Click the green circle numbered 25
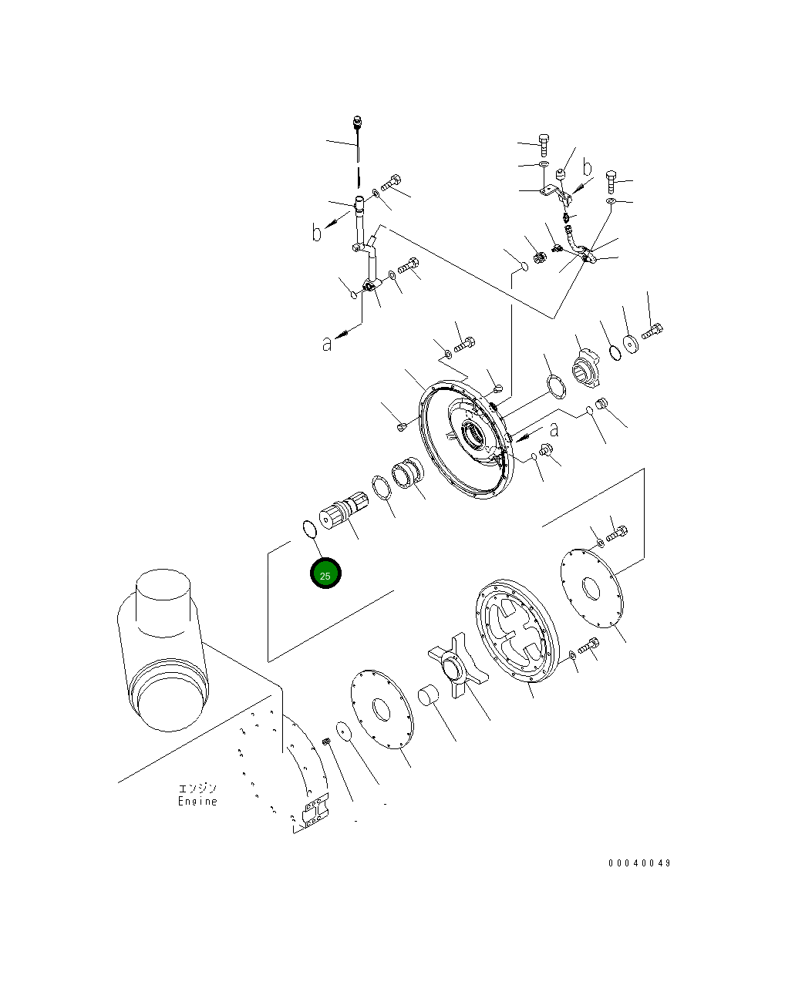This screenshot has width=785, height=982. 325,575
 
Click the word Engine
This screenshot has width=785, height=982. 197,802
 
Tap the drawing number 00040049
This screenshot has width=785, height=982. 639,863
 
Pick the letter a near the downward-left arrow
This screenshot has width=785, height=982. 328,345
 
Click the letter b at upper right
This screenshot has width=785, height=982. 587,166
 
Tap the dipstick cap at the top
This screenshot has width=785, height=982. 358,121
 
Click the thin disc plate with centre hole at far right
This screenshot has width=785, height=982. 590,589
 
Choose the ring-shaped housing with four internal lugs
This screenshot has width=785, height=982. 514,631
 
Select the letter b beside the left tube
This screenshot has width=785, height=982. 317,231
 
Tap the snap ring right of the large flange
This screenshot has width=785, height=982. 554,384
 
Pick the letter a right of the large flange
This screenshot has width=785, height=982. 554,430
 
